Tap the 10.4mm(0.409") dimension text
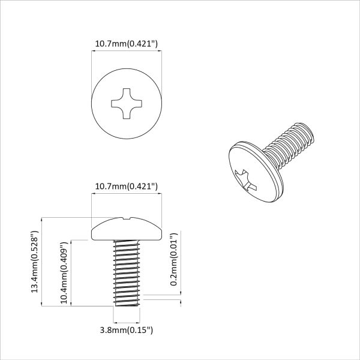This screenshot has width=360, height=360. (x=65, y=272)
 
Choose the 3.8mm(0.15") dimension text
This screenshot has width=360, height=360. (x=126, y=329)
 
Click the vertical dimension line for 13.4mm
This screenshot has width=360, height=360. (x=42, y=228)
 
